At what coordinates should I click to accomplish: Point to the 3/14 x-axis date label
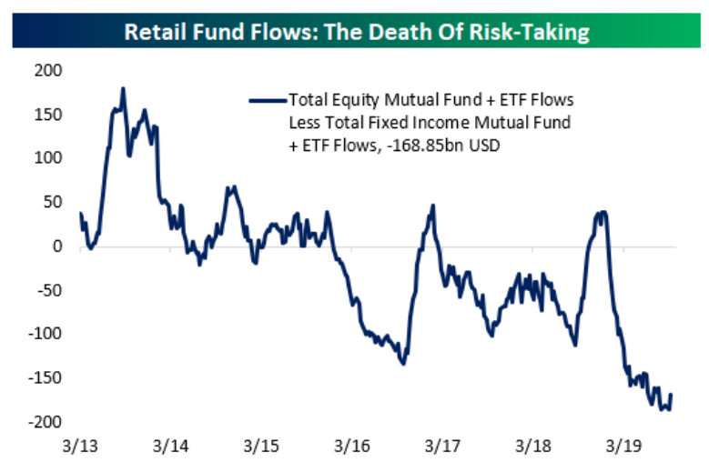pyautogui.click(x=170, y=447)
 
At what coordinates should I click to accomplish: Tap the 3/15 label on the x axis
pyautogui.click(x=261, y=447)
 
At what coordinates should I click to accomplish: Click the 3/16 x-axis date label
pyautogui.click(x=351, y=447)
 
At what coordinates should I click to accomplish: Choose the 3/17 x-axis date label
pyautogui.click(x=442, y=447)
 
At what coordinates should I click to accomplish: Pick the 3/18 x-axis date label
pyautogui.click(x=532, y=447)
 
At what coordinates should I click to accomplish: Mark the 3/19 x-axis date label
pyautogui.click(x=623, y=447)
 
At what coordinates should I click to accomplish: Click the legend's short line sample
pyautogui.click(x=267, y=99)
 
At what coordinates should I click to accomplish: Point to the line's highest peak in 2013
pyautogui.click(x=123, y=88)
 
